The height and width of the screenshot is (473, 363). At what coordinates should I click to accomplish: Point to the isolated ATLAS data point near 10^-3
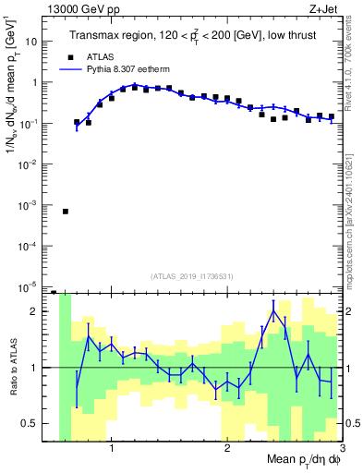click(x=66, y=212)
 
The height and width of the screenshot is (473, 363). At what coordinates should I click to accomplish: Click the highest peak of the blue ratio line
click(x=273, y=311)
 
